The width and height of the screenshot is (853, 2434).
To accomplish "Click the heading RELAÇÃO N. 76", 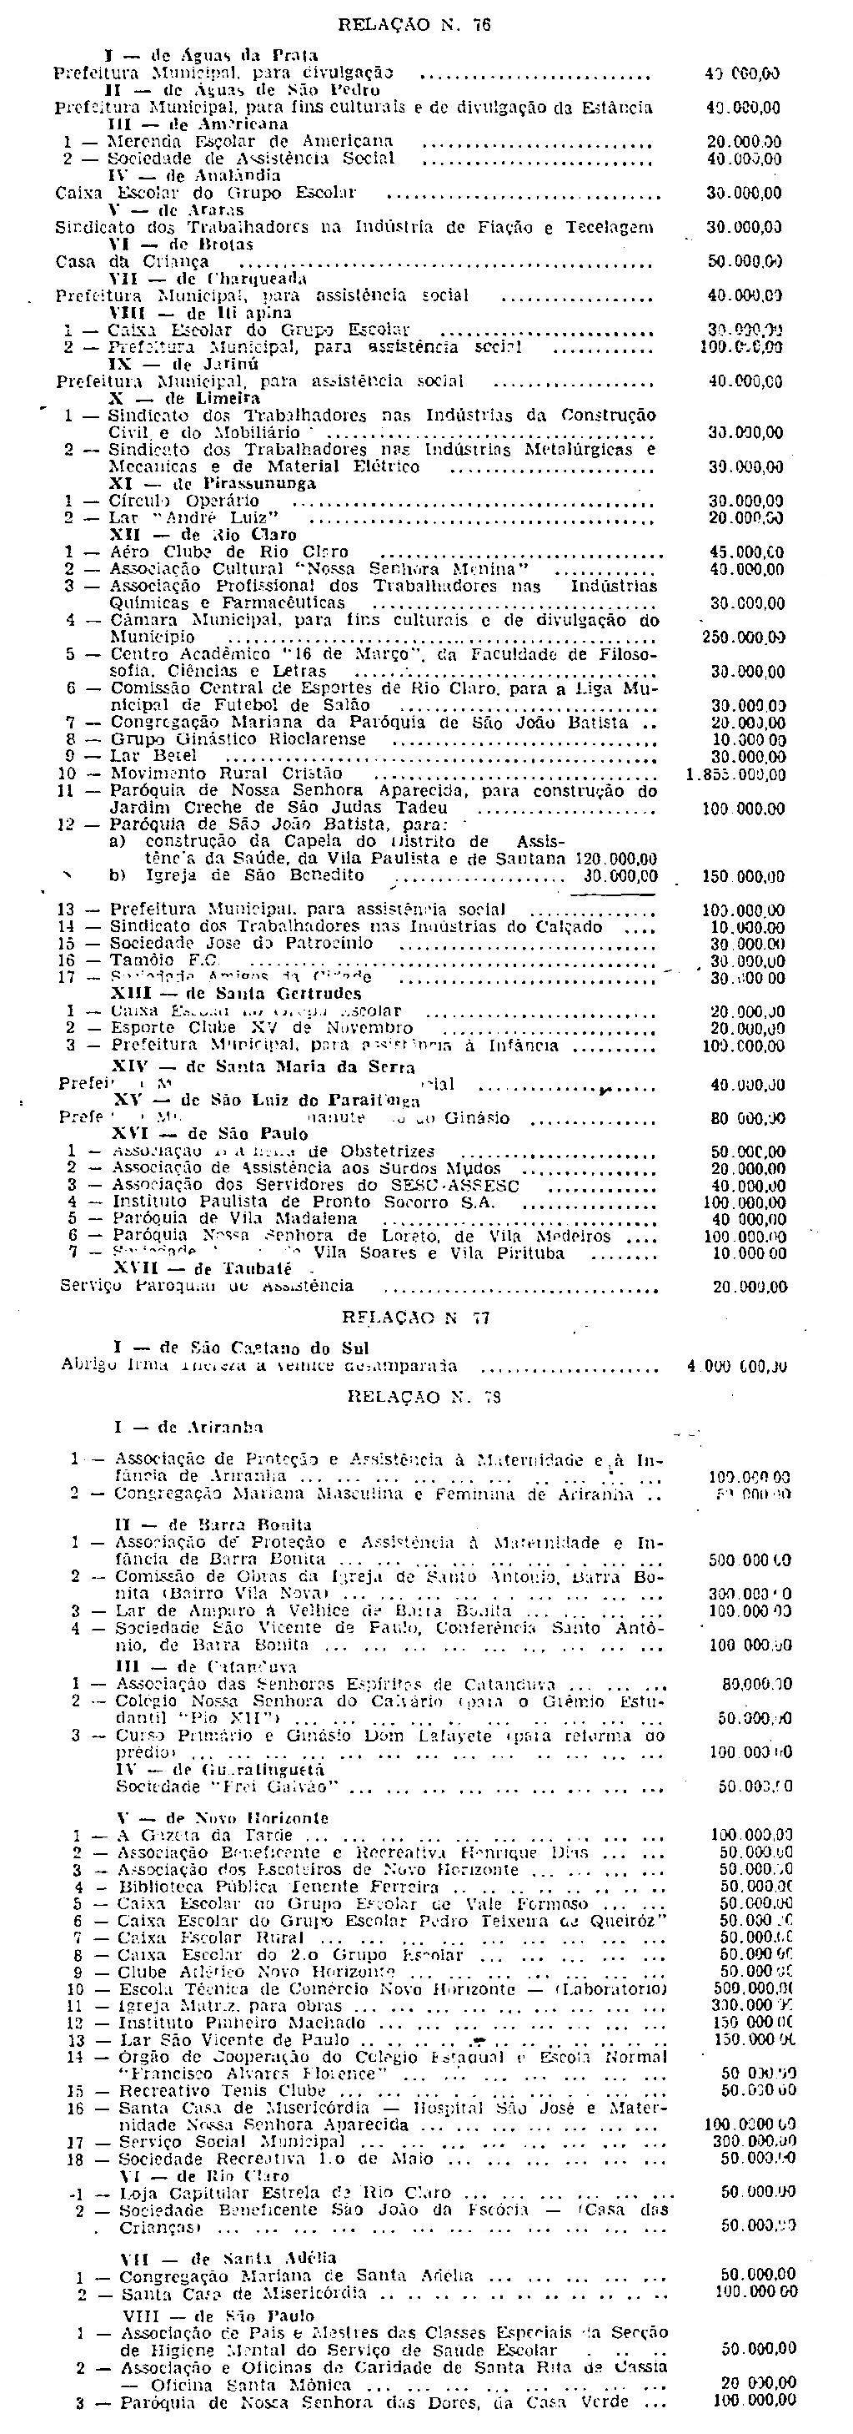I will coord(414,27).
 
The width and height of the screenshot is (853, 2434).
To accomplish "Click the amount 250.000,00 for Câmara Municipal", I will coord(744,637).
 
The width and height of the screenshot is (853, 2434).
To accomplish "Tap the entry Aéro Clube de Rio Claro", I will coord(229,552).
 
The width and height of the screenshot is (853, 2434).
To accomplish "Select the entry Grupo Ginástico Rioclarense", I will coord(238,740).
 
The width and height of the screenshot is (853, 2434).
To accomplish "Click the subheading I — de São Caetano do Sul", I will coord(240,1348).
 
